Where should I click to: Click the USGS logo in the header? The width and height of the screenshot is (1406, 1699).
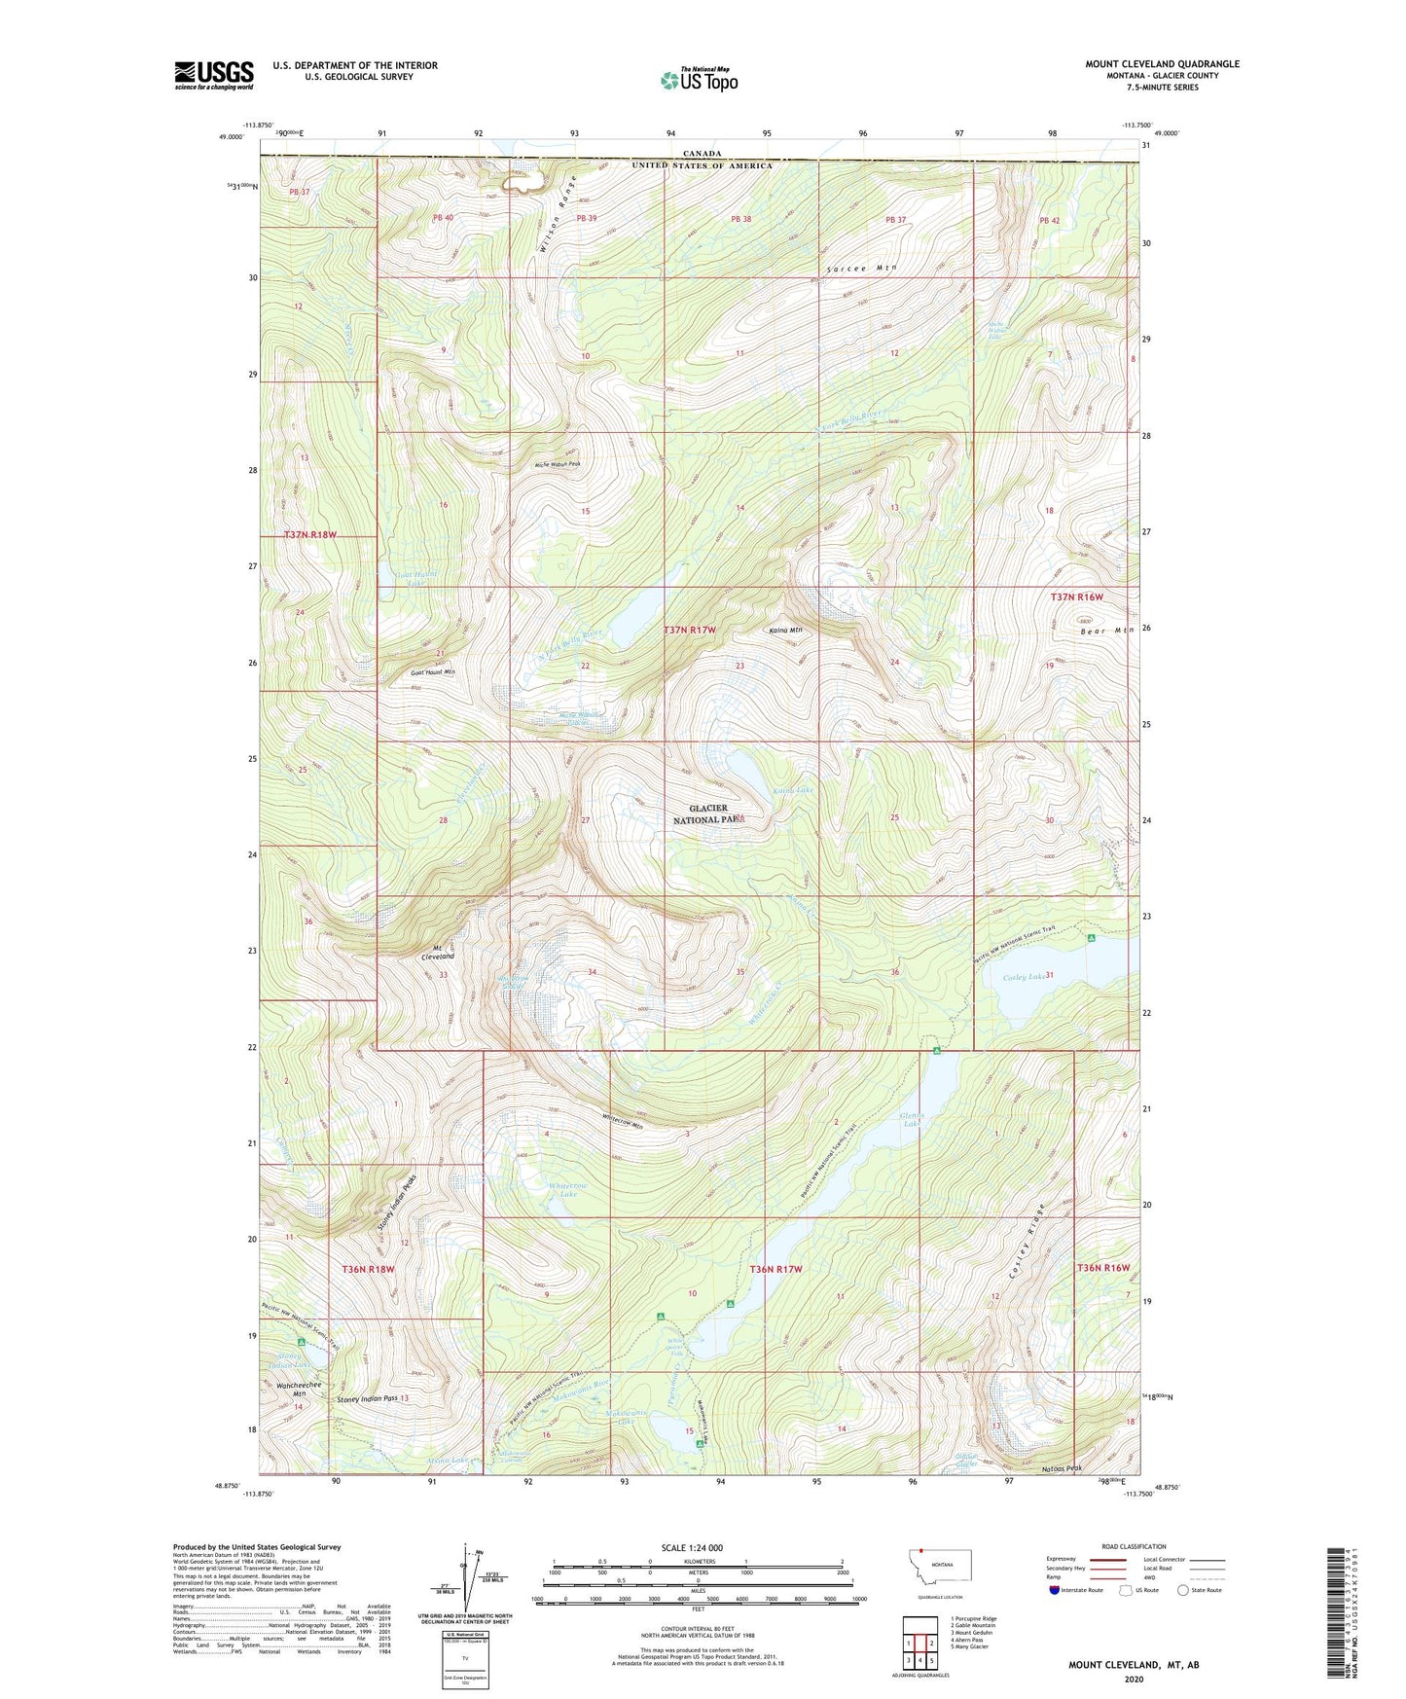coord(213,75)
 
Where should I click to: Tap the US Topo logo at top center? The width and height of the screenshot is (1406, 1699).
coord(699,80)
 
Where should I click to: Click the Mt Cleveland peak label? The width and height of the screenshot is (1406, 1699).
coord(437,952)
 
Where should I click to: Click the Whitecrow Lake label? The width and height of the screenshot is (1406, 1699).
coord(568,1189)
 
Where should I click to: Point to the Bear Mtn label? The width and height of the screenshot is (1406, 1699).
coord(1107,631)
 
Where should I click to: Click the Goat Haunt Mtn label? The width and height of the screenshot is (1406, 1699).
coord(433,672)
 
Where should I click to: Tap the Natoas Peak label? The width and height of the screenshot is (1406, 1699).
coord(1062,1468)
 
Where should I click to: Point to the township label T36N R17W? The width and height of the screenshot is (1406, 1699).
coord(775,1269)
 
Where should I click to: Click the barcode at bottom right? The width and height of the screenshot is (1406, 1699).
coord(1340,1611)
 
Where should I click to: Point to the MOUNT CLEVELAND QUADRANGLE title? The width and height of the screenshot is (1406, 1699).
coord(1162,64)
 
